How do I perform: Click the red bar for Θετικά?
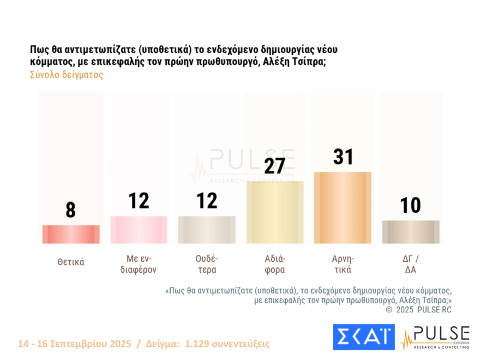point(71,235)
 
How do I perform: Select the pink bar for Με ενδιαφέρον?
point(139,230)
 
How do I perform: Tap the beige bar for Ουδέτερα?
point(207,230)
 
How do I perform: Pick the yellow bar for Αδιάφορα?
point(275,212)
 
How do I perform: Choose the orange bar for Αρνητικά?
point(343,208)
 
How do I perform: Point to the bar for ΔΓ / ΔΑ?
point(411,232)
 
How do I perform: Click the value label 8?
point(70,210)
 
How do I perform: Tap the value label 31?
point(343,157)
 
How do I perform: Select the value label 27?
point(275,166)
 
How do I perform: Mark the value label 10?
point(410,206)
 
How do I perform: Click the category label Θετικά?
point(71,262)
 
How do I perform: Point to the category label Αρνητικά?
point(343,263)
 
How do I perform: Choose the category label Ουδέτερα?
point(207,263)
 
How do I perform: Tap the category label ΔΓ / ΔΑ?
point(410,263)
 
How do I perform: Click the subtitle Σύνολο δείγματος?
point(66,75)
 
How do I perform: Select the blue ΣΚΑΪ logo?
point(363,337)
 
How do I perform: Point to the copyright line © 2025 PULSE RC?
point(418,310)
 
